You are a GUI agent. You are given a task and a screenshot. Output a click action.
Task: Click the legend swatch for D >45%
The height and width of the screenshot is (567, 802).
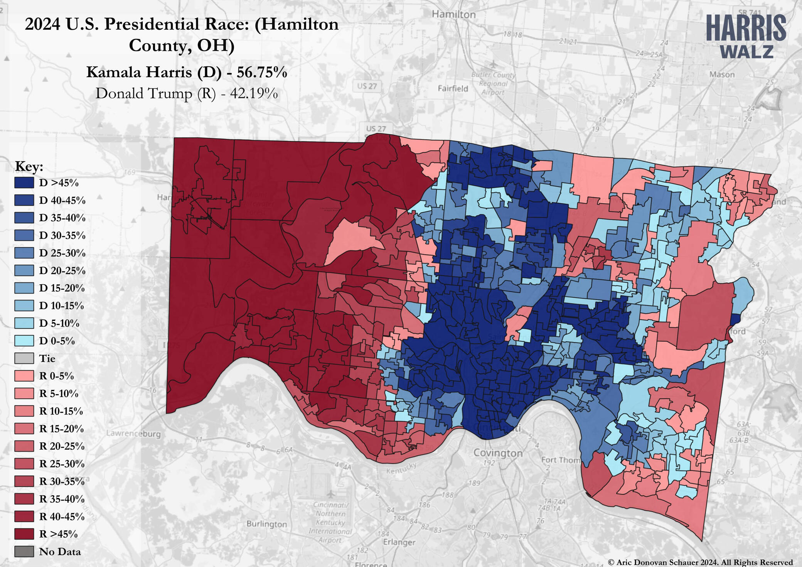tap(24, 183)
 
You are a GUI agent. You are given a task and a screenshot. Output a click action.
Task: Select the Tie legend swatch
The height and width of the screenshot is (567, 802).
tap(24, 358)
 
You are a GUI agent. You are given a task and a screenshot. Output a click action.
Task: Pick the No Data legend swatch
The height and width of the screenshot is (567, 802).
tap(24, 552)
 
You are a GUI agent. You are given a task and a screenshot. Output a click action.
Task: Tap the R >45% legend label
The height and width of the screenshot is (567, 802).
tap(58, 534)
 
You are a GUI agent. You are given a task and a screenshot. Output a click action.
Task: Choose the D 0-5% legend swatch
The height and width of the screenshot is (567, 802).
tap(24, 341)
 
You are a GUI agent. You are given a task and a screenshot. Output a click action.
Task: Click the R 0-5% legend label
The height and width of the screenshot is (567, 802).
tap(56, 376)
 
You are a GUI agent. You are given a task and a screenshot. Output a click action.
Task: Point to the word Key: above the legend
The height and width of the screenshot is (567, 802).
tap(29, 167)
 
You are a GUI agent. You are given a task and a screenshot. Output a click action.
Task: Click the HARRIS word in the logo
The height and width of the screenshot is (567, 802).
tap(746, 29)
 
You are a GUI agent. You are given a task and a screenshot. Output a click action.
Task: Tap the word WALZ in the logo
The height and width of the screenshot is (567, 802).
tap(746, 52)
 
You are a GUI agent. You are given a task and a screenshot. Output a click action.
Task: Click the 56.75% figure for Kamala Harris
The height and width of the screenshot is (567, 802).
tap(262, 72)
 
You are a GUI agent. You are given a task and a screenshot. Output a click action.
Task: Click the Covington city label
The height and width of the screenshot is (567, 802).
tap(498, 453)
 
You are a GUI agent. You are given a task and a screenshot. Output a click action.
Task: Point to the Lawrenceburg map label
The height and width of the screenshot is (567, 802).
tap(133, 434)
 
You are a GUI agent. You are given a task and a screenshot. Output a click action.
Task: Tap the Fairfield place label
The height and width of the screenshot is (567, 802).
tap(453, 88)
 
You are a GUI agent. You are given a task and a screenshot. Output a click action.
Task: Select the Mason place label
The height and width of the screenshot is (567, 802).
tap(722, 74)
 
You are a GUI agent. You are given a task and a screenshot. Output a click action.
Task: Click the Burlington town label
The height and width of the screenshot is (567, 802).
tap(267, 524)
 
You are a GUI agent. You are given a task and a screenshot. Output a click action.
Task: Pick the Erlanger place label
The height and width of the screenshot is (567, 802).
tap(399, 542)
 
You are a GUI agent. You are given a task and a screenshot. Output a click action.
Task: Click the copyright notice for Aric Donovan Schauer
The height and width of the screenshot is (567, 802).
tap(700, 562)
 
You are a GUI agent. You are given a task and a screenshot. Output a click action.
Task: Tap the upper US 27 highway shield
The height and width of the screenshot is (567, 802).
tap(367, 86)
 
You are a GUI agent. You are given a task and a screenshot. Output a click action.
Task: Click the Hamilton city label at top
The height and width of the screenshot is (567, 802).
tap(453, 15)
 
